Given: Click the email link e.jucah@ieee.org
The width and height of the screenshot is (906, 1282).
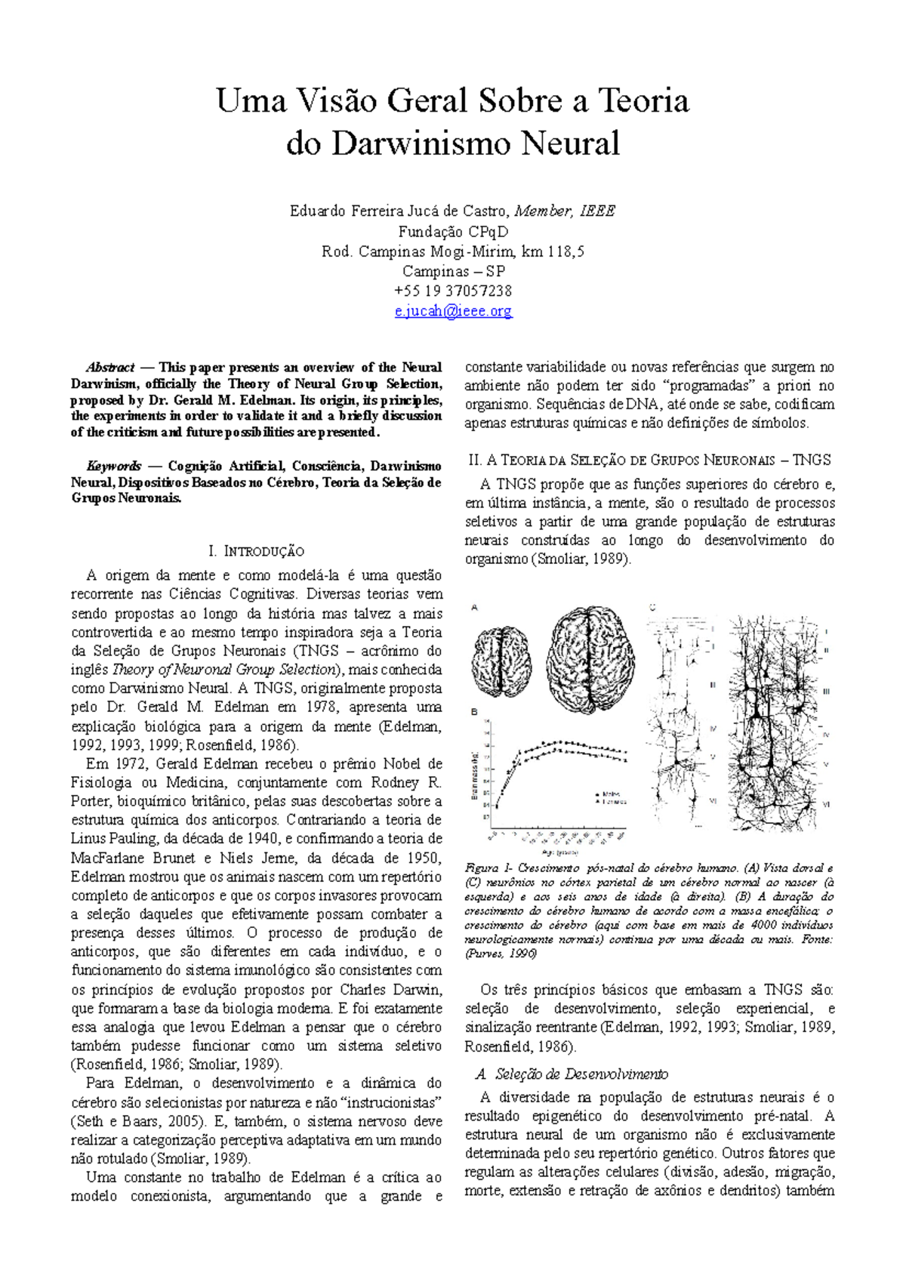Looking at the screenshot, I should click(453, 310).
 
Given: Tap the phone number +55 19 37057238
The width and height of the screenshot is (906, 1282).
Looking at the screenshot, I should click(453, 291).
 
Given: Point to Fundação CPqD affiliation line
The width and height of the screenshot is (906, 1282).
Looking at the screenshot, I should click(453, 231).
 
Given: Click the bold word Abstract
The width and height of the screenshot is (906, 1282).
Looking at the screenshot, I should click(110, 368).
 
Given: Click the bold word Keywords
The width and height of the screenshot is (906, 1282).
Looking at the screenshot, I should click(113, 466).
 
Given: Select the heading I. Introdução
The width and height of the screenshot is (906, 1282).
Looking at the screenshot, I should click(255, 551).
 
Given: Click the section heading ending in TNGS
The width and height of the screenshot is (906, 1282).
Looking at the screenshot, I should click(649, 460).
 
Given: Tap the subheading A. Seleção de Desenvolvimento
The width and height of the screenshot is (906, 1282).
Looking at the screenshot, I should click(572, 1074).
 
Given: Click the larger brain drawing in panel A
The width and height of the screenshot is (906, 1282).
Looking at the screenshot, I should click(590, 659).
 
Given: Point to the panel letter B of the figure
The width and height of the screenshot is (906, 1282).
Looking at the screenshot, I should click(474, 711).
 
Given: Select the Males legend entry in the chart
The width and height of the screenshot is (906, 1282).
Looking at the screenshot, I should click(610, 794).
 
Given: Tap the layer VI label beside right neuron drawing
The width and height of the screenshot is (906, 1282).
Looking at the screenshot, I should click(825, 805).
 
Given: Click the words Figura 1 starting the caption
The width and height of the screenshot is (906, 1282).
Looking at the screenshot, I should click(488, 868).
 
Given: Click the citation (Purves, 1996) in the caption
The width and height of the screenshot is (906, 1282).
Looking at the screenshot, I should click(500, 954).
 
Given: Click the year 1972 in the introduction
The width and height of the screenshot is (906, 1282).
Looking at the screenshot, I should click(131, 763).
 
